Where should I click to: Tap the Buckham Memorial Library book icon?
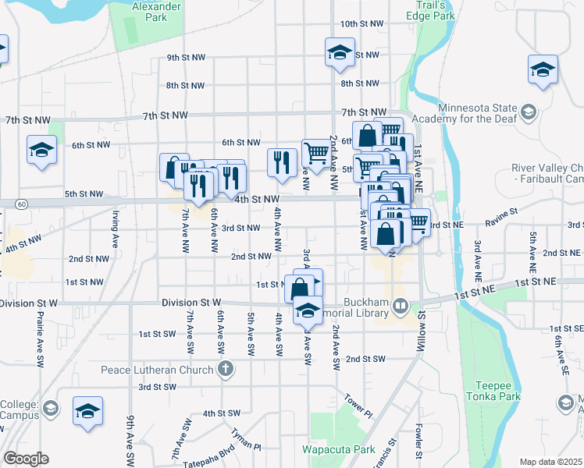tap(401, 304)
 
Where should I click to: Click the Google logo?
tap(26, 459)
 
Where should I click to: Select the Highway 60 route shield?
tap(23, 204)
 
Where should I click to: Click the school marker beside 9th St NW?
tap(340, 52)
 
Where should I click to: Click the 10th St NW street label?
tap(362, 24)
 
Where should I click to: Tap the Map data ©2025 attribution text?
tap(550, 462)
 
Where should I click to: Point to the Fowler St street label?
tap(419, 441)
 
